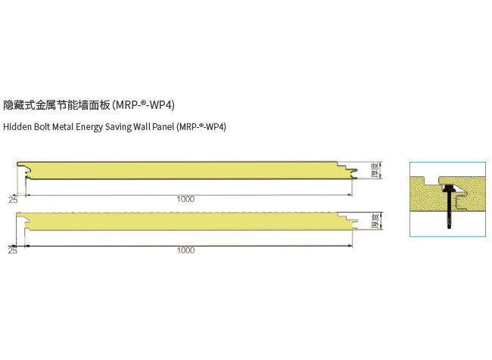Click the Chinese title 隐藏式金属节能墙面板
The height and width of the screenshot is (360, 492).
tap(57, 104)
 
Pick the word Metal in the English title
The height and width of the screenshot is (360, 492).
tap(70, 126)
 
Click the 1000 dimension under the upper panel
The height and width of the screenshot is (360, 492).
tap(185, 199)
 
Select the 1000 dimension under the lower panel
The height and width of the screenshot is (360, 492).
tap(185, 250)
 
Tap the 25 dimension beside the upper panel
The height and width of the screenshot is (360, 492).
tap(13, 200)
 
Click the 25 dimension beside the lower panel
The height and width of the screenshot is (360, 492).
tap(13, 250)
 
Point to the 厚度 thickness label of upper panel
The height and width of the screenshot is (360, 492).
tap(375, 170)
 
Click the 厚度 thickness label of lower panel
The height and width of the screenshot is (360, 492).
tap(375, 222)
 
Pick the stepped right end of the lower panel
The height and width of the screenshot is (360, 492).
tap(349, 222)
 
